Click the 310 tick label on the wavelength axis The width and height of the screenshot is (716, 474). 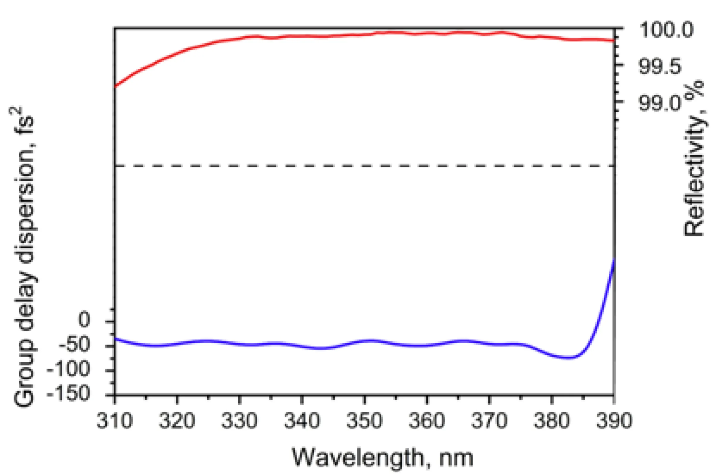tap(114, 420)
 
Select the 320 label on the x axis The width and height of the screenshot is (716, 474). tap(177, 420)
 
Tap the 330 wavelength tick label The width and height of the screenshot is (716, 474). tap(240, 420)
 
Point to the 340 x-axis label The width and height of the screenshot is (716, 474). tap(302, 420)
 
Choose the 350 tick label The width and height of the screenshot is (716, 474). tap(364, 420)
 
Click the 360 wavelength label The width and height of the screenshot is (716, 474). tap(427, 420)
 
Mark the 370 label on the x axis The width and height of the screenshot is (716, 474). tap(489, 420)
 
